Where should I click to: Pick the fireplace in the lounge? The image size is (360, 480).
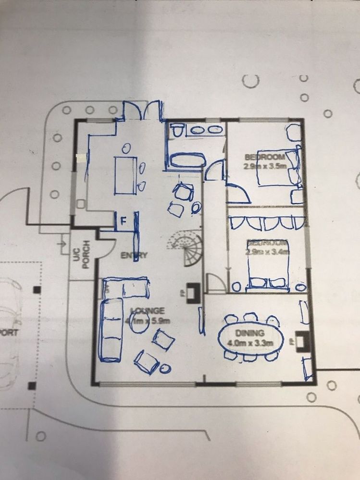click(x=193, y=292)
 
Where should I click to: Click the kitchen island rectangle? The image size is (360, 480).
click(x=124, y=175)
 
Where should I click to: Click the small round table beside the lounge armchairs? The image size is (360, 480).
click(x=164, y=369)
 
